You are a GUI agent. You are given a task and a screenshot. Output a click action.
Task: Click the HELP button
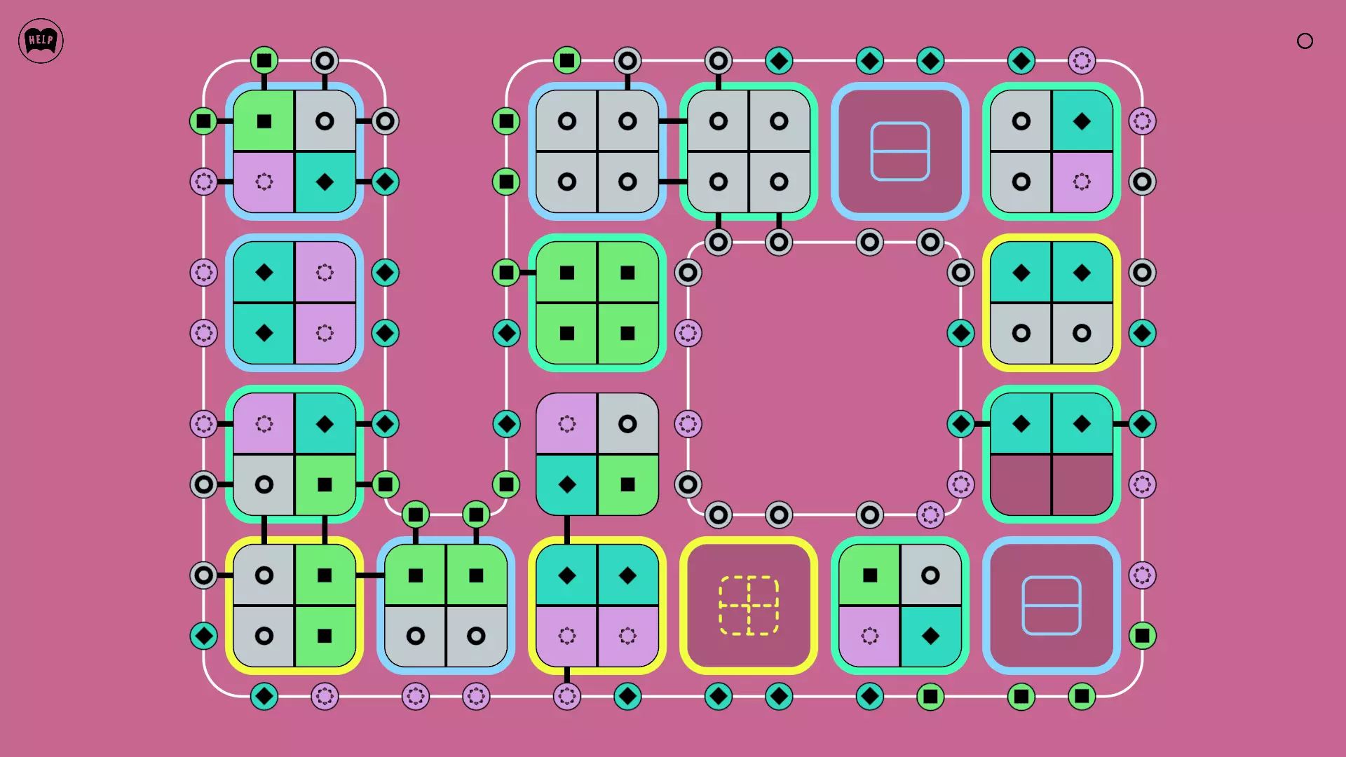coord(41,41)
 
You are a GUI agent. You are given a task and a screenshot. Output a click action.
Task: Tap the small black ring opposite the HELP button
coord(1305,41)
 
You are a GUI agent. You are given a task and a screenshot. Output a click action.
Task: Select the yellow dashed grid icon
coord(749,606)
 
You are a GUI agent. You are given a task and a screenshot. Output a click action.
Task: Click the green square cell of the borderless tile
coord(627,484)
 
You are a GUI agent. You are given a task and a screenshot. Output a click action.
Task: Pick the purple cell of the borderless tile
coord(567,424)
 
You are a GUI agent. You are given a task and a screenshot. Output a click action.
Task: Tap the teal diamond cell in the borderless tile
coord(567,484)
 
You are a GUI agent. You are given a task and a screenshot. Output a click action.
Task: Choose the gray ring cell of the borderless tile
coord(627,424)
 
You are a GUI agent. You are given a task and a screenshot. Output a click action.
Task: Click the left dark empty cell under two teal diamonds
coord(1021,484)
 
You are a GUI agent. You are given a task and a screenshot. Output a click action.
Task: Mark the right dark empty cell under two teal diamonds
coord(1082,484)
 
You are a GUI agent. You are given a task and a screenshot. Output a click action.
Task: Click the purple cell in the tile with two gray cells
coord(1082,182)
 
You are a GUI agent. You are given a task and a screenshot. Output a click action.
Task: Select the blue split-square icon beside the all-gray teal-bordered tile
coord(900,151)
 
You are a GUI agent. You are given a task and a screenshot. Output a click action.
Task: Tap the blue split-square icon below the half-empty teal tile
coord(1052,606)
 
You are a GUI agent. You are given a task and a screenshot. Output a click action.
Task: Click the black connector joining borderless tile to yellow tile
coord(567,529)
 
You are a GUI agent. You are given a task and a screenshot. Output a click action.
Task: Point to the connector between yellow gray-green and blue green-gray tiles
coord(370,575)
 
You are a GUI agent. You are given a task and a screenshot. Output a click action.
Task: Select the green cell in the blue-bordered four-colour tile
coord(264,121)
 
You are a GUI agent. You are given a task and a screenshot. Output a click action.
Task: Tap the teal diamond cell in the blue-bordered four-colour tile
coord(325,182)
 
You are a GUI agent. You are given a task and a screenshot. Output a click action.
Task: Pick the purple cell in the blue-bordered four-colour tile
coord(264,182)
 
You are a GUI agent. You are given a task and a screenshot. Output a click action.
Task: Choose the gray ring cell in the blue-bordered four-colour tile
coord(325,121)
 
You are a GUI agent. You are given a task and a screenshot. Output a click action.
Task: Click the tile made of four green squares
coord(597,303)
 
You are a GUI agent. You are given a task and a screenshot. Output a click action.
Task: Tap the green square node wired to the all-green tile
coord(506,273)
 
